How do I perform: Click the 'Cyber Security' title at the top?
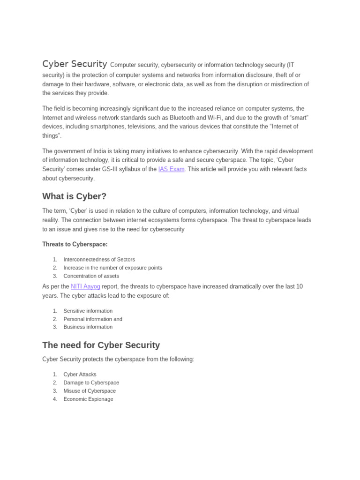[x=75, y=64]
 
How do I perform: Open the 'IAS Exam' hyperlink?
[x=172, y=169]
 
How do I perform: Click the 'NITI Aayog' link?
[x=85, y=286]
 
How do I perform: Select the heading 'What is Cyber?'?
[x=75, y=196]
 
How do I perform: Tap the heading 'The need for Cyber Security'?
[x=101, y=345]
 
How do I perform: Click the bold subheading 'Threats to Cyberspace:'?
[x=75, y=244]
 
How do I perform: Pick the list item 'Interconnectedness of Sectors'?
[x=99, y=260]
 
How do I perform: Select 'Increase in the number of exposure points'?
[x=112, y=268]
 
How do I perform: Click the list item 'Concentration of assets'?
[x=91, y=276]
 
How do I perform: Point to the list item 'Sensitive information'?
[x=88, y=311]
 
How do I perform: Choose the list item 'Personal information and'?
[x=93, y=319]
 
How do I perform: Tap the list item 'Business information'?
[x=88, y=327]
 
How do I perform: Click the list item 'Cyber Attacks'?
[x=80, y=375]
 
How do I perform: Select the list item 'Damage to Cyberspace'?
[x=91, y=382]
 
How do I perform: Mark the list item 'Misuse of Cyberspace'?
[x=90, y=391]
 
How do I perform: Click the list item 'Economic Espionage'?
[x=88, y=399]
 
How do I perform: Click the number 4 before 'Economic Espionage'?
[x=55, y=399]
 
